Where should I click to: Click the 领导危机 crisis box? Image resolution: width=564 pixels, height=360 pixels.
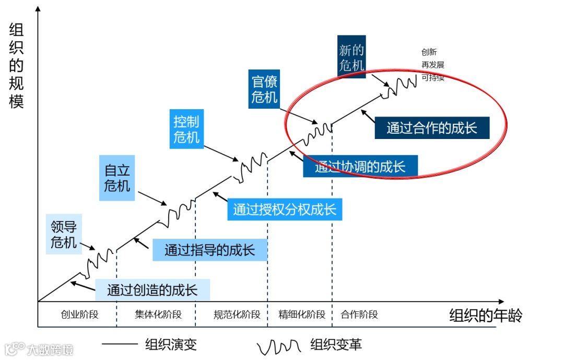pyautogui.click(x=64, y=234)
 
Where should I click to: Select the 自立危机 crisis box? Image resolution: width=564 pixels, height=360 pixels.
pyautogui.click(x=117, y=178)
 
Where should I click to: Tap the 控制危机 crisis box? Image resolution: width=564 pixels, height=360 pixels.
pyautogui.click(x=186, y=129)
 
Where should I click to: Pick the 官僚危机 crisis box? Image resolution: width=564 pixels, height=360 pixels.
pyautogui.click(x=264, y=89)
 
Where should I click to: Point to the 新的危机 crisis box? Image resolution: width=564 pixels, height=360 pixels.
pyautogui.click(x=351, y=57)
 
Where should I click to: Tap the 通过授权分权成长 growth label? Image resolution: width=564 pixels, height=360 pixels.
pyautogui.click(x=285, y=210)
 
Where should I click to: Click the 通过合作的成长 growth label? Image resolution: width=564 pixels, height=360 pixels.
pyautogui.click(x=432, y=128)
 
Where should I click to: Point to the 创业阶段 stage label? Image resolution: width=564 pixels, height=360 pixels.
pyautogui.click(x=79, y=315)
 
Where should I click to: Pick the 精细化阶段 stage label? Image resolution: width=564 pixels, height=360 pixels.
pyautogui.click(x=302, y=315)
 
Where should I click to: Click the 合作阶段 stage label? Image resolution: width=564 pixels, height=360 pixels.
pyautogui.click(x=359, y=315)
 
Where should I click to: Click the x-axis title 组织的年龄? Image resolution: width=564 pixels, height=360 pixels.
pyautogui.click(x=486, y=316)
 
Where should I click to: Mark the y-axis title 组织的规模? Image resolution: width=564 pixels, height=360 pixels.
pyautogui.click(x=17, y=66)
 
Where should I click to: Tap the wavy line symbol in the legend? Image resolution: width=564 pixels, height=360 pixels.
pyautogui.click(x=279, y=345)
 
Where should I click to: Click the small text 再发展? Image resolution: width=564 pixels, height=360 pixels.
pyautogui.click(x=433, y=65)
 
